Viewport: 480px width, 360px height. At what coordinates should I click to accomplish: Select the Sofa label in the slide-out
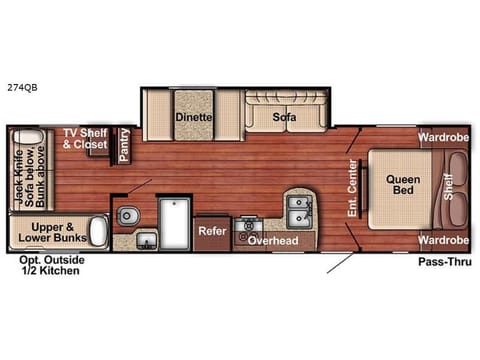284,116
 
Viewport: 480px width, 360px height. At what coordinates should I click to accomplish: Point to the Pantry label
125,144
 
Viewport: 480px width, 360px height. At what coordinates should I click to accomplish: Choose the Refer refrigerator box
211,229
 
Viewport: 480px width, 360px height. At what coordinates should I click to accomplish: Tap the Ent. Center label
353,187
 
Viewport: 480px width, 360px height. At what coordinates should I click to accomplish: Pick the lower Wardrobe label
442,241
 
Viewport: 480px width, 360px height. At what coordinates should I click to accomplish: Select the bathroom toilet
127,214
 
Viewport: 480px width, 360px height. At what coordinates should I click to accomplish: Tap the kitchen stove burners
246,228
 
